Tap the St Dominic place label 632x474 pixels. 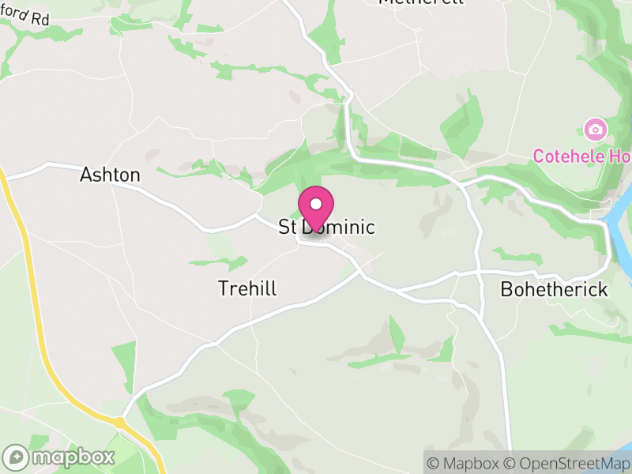click(326, 228)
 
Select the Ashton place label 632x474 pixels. click(110, 175)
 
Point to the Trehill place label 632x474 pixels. click(247, 289)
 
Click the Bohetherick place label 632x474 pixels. click(554, 290)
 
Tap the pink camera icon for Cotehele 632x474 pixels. click(595, 128)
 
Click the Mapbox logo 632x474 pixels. click(60, 457)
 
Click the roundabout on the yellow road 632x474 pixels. click(119, 423)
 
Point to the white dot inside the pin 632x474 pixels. click(316, 204)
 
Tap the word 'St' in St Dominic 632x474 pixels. click(288, 228)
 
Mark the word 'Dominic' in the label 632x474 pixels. click(337, 228)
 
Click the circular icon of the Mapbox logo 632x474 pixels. click(17, 457)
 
